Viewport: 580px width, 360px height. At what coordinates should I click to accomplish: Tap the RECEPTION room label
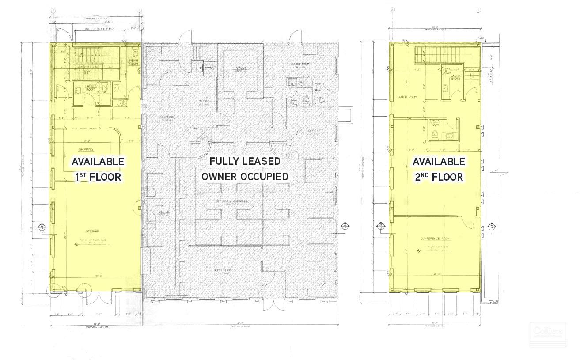(x=224, y=270)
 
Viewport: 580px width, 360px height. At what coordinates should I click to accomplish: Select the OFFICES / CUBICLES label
(x=232, y=201)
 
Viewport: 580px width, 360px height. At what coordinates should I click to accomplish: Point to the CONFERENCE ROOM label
(x=434, y=239)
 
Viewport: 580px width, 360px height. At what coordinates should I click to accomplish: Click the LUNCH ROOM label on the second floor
(x=407, y=97)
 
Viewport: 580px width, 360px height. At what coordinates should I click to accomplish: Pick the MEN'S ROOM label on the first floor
(x=134, y=62)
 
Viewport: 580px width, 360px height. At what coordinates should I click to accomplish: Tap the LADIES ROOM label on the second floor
(x=456, y=77)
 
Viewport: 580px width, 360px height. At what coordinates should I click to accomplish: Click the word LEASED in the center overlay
(x=260, y=161)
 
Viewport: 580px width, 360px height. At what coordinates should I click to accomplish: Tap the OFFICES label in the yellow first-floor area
(x=92, y=231)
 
